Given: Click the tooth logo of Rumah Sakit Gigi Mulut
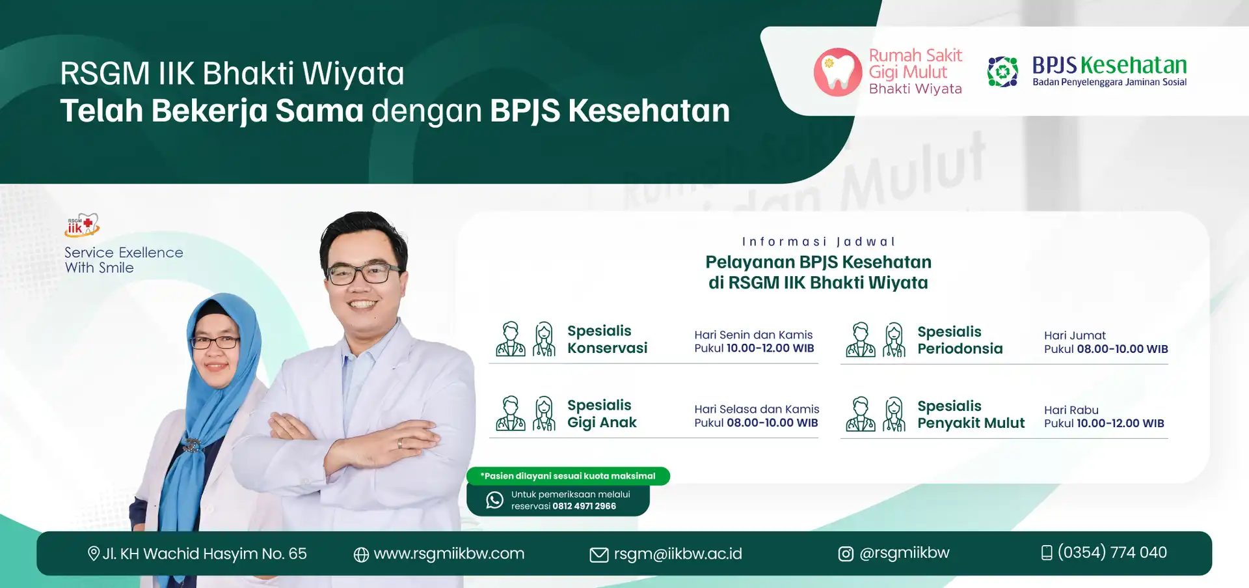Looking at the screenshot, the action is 838,72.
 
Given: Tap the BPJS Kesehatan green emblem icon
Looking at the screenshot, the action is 1002,72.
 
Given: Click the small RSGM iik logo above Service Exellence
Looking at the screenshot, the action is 82,225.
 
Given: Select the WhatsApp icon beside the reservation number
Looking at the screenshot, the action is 495,500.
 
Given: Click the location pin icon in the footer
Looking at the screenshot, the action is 93,553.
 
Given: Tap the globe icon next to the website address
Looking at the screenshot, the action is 361,554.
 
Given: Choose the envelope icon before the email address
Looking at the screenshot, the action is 598,555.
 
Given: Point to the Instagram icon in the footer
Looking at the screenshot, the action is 846,554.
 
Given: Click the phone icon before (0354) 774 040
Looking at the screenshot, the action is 1047,553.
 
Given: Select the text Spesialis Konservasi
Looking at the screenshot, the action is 607,339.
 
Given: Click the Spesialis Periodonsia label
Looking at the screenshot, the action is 960,340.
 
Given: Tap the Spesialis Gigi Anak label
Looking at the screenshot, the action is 602,414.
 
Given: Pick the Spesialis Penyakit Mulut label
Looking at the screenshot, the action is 971,415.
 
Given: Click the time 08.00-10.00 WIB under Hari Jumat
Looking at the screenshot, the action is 1122,349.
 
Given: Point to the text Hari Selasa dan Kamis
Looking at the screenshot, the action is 757,409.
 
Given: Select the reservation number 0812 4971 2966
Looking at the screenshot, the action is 584,506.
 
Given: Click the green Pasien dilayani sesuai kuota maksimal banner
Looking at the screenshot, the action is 568,476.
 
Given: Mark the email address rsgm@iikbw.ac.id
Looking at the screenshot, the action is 678,553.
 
